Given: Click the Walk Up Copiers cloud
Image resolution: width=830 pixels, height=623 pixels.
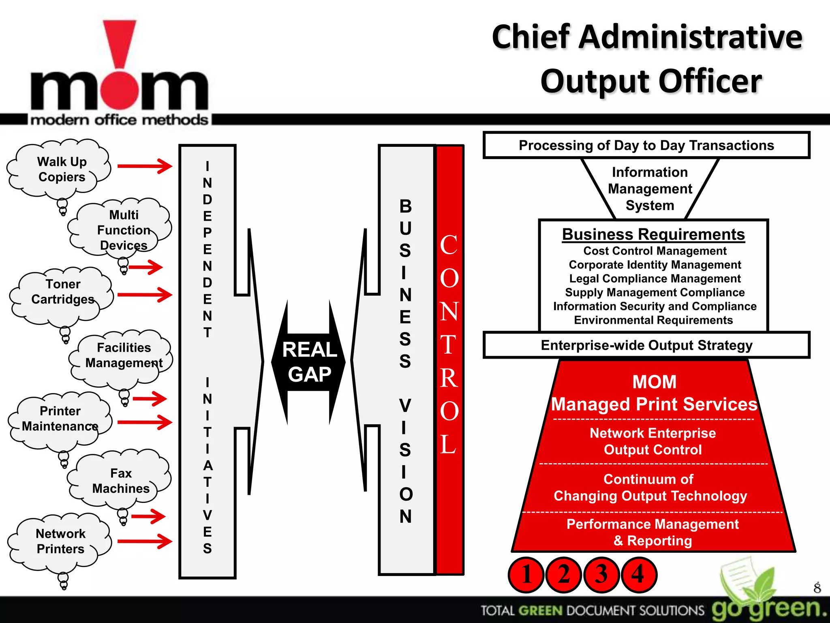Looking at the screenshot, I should click(61, 170).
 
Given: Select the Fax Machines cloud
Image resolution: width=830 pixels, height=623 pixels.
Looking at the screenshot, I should click(121, 481).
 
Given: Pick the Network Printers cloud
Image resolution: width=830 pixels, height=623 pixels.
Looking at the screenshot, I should click(61, 541).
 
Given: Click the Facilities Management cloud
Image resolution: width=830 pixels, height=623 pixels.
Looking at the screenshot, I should click(123, 355).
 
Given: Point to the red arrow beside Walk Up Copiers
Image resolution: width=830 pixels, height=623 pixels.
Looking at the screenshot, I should click(145, 166).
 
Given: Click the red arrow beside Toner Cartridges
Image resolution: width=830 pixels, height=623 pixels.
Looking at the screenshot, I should click(145, 295).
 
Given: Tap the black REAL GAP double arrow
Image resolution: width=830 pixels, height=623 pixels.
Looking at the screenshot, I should click(309, 362).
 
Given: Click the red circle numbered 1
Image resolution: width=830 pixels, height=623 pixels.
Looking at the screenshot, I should click(526, 575).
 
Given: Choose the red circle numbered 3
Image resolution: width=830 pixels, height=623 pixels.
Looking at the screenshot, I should click(601, 575).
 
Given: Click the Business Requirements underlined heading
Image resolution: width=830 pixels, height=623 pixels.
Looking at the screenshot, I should click(653, 234).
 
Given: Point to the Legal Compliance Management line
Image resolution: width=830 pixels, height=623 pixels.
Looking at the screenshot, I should click(655, 279).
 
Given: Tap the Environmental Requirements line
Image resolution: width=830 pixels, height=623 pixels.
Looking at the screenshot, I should click(653, 320).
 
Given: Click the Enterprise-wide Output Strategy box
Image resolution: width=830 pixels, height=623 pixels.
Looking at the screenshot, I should click(646, 345).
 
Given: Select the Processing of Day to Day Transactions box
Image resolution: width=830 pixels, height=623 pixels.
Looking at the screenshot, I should click(646, 145).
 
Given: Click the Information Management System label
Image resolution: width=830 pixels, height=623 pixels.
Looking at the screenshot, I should click(650, 189).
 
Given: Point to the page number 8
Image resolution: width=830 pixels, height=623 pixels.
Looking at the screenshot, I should click(817, 588).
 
